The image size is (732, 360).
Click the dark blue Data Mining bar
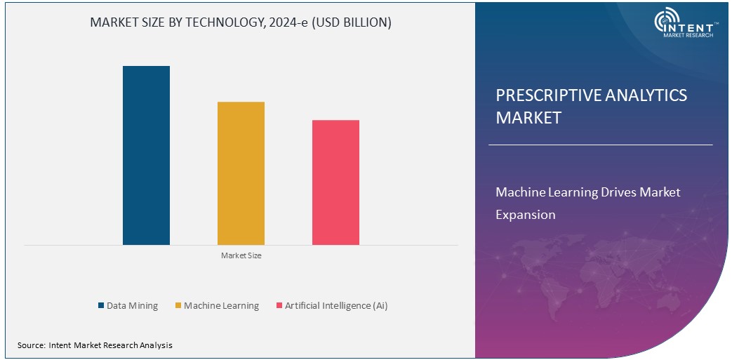[146, 155]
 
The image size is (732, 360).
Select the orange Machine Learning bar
[241, 173]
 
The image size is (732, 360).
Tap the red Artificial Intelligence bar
[335, 182]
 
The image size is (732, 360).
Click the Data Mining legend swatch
[100, 306]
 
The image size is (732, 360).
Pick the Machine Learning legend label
[221, 306]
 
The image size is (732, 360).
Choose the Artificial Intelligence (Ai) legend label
[336, 306]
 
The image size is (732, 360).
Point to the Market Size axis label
[241, 256]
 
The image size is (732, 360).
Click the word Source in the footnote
[31, 345]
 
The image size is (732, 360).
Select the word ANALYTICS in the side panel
[644, 96]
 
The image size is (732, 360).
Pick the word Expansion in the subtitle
[525, 215]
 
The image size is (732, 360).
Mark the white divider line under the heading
[600, 145]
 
